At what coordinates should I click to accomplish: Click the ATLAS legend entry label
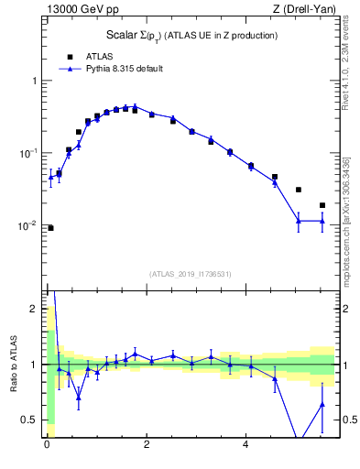(x=101, y=56)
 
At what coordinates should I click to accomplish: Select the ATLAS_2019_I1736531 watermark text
(x=191, y=274)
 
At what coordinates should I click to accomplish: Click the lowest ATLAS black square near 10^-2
(x=50, y=228)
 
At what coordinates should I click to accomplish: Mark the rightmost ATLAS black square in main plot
(x=322, y=205)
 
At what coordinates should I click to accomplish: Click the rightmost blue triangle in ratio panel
(x=322, y=404)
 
